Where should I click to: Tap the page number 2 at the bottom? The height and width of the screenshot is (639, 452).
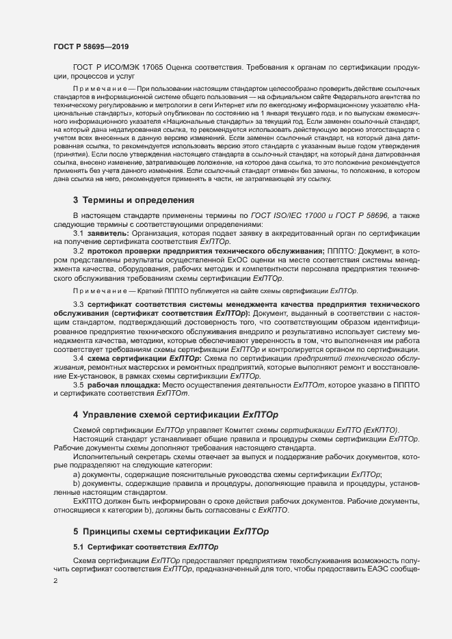click(55, 580)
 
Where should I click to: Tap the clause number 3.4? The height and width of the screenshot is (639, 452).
click(79, 358)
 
